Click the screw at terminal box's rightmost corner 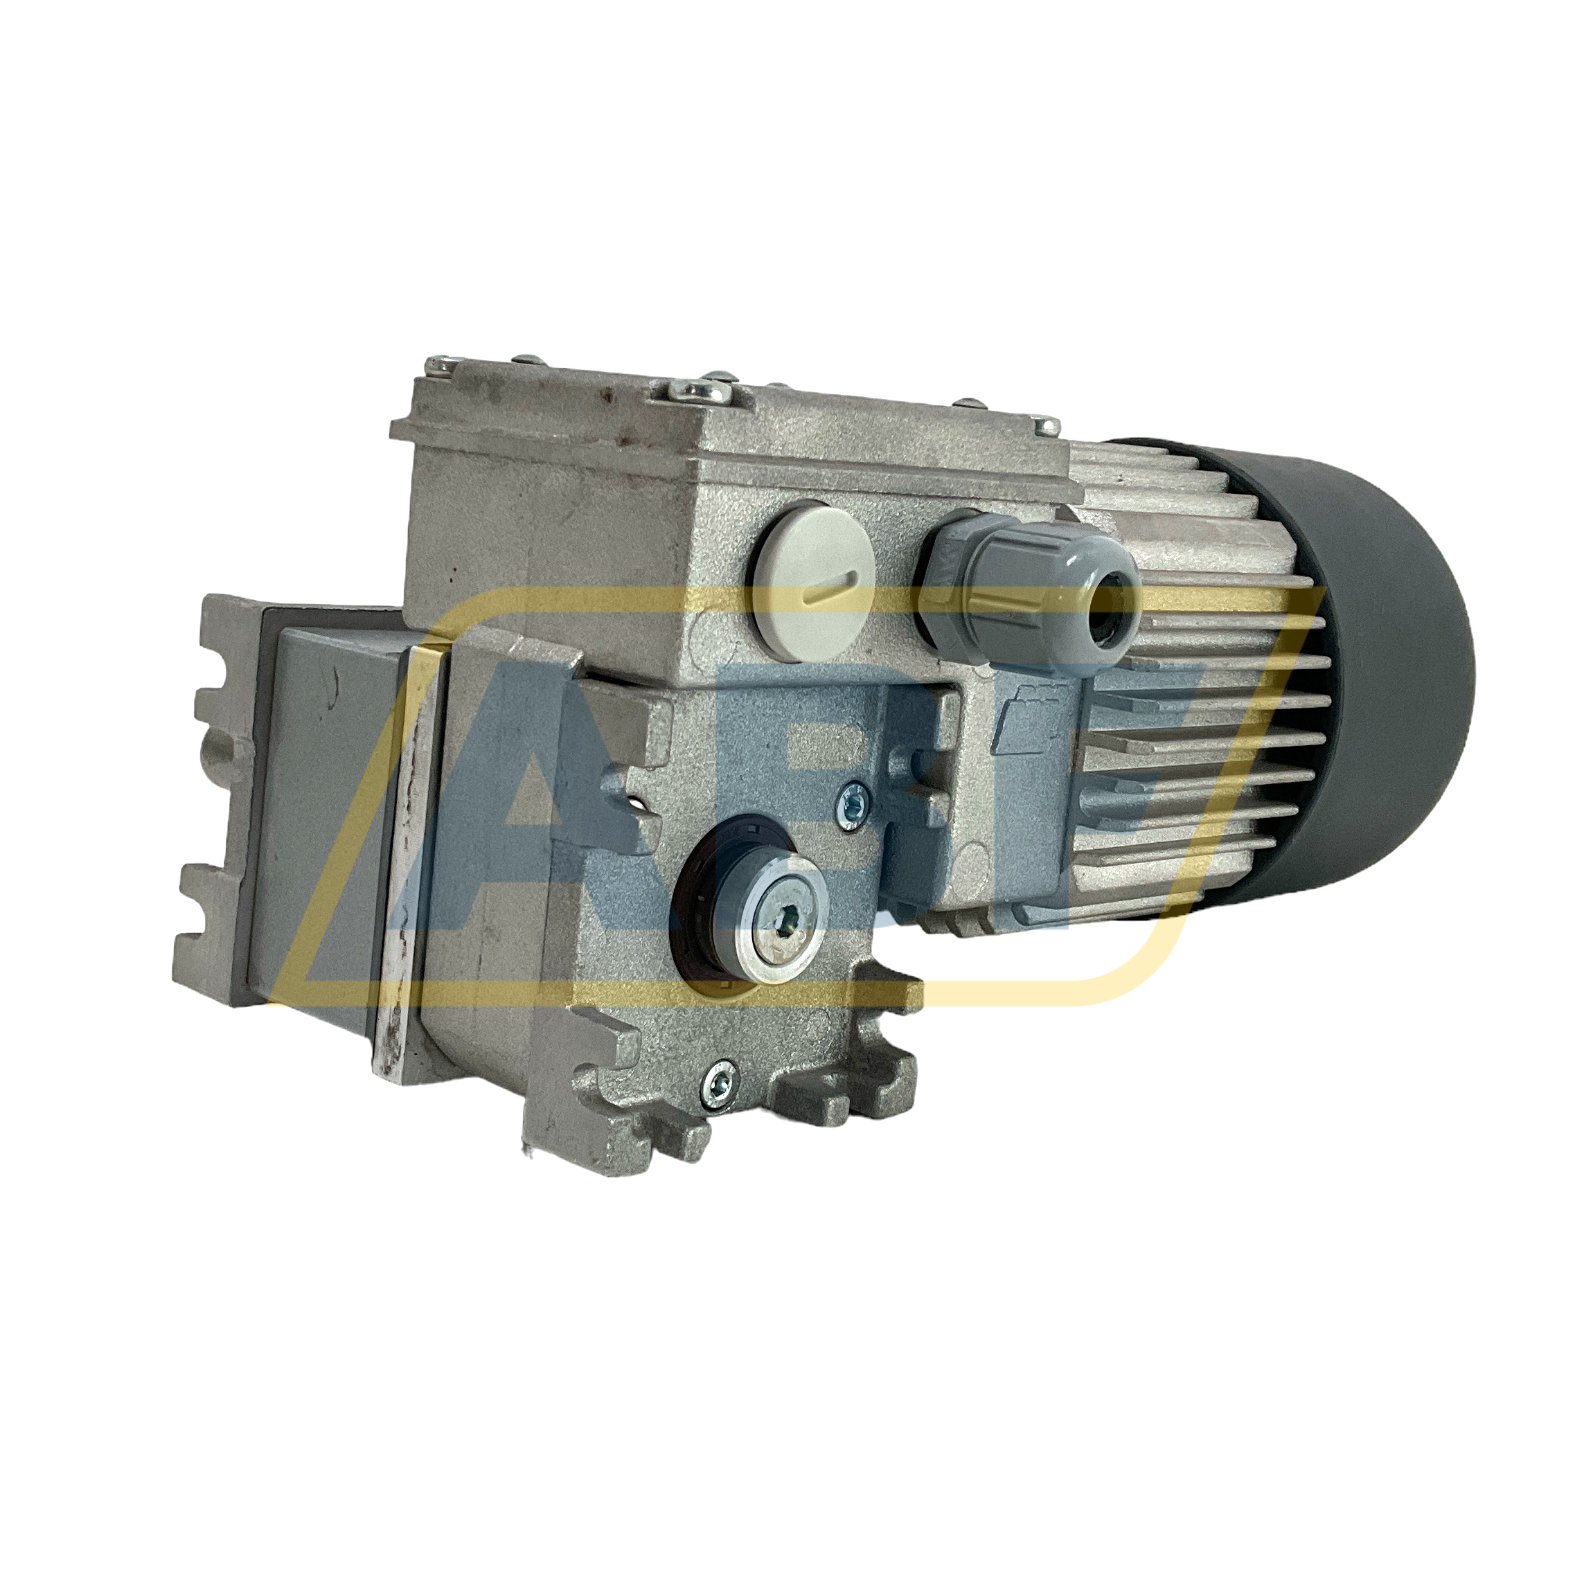point(1049,425)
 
